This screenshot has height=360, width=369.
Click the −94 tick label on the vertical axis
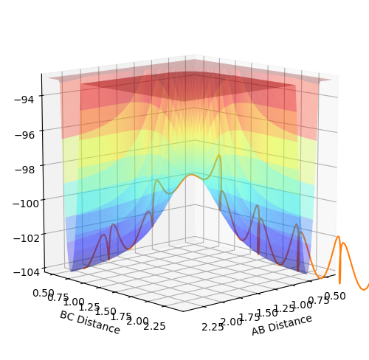click(x=24, y=100)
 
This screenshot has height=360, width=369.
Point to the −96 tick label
click(x=24, y=135)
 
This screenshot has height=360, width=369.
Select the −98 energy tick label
click(x=24, y=170)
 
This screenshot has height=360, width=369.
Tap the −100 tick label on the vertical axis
click(x=26, y=204)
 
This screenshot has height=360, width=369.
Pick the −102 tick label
click(x=27, y=238)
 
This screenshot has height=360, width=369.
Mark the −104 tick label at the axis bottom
click(x=27, y=272)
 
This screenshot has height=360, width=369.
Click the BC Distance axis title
click(x=90, y=322)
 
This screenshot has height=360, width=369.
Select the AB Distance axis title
click(x=282, y=325)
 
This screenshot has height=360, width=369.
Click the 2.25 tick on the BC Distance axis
click(x=154, y=326)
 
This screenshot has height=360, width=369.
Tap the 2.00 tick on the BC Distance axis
click(x=138, y=321)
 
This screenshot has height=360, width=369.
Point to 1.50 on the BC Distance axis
click(x=106, y=311)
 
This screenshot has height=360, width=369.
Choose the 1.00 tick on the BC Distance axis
click(x=74, y=302)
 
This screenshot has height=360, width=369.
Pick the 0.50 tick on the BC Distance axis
click(x=43, y=293)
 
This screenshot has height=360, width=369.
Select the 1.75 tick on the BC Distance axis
click(x=121, y=316)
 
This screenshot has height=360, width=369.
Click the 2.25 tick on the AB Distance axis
click(x=213, y=327)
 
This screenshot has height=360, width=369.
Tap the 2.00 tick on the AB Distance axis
click(x=231, y=322)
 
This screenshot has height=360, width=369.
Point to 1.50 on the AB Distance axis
click(x=267, y=312)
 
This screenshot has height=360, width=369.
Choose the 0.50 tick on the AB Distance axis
click(x=335, y=296)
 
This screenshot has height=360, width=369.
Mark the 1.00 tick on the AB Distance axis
click(x=302, y=305)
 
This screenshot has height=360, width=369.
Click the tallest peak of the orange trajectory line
click(x=219, y=156)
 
